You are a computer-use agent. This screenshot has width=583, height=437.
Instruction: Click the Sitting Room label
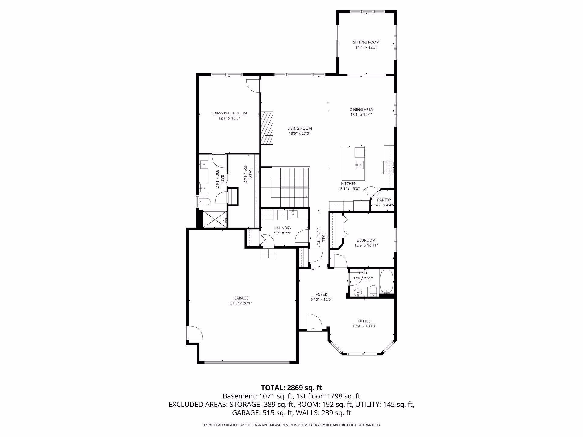pyautogui.click(x=366, y=42)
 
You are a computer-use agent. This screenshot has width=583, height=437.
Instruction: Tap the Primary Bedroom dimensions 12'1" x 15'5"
pyautogui.click(x=229, y=118)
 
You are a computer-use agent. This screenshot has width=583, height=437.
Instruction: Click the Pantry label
pyautogui.click(x=384, y=200)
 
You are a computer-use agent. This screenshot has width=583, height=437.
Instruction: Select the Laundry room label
pyautogui.click(x=283, y=228)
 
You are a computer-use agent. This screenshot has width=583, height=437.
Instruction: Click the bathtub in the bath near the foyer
pyautogui.click(x=386, y=282)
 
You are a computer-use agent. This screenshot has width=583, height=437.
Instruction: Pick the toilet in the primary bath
pyautogui.click(x=204, y=202)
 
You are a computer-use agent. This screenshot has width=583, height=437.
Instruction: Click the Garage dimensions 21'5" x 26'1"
pyautogui.click(x=241, y=303)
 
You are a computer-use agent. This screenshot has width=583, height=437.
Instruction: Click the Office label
pyautogui.click(x=364, y=321)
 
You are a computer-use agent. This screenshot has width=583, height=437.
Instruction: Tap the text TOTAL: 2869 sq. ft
pyautogui.click(x=291, y=388)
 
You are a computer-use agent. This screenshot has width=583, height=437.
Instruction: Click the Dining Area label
pyautogui.click(x=361, y=110)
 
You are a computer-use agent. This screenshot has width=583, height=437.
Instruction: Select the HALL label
pyautogui.click(x=324, y=237)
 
